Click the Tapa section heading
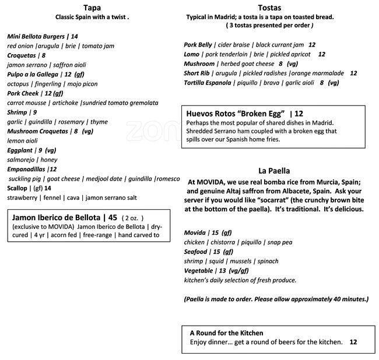click(92, 8)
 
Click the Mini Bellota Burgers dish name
click(38, 36)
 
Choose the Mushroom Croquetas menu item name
click(37, 132)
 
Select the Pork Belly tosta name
click(198, 44)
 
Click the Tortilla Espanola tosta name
click(207, 83)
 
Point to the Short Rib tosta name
click(196, 73)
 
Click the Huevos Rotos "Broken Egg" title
click(235, 113)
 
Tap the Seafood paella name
click(195, 252)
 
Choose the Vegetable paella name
click(199, 271)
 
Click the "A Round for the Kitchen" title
click(226, 333)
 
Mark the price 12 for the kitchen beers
click(353, 342)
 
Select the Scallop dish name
click(17, 188)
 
